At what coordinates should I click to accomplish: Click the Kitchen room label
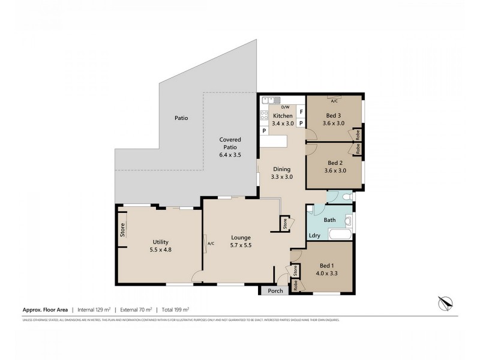pos(283,116)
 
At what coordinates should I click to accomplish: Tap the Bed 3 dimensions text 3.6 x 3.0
pos(334,123)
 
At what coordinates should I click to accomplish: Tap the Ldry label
pos(314,235)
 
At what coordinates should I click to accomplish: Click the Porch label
pos(276,291)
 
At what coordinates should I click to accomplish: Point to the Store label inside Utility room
pos(122,230)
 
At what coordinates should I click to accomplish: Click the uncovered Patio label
pos(181,118)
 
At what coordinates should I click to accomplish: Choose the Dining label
pos(281,169)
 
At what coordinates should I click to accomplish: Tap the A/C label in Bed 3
pos(334,101)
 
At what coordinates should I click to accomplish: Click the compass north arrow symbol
pos(445,303)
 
